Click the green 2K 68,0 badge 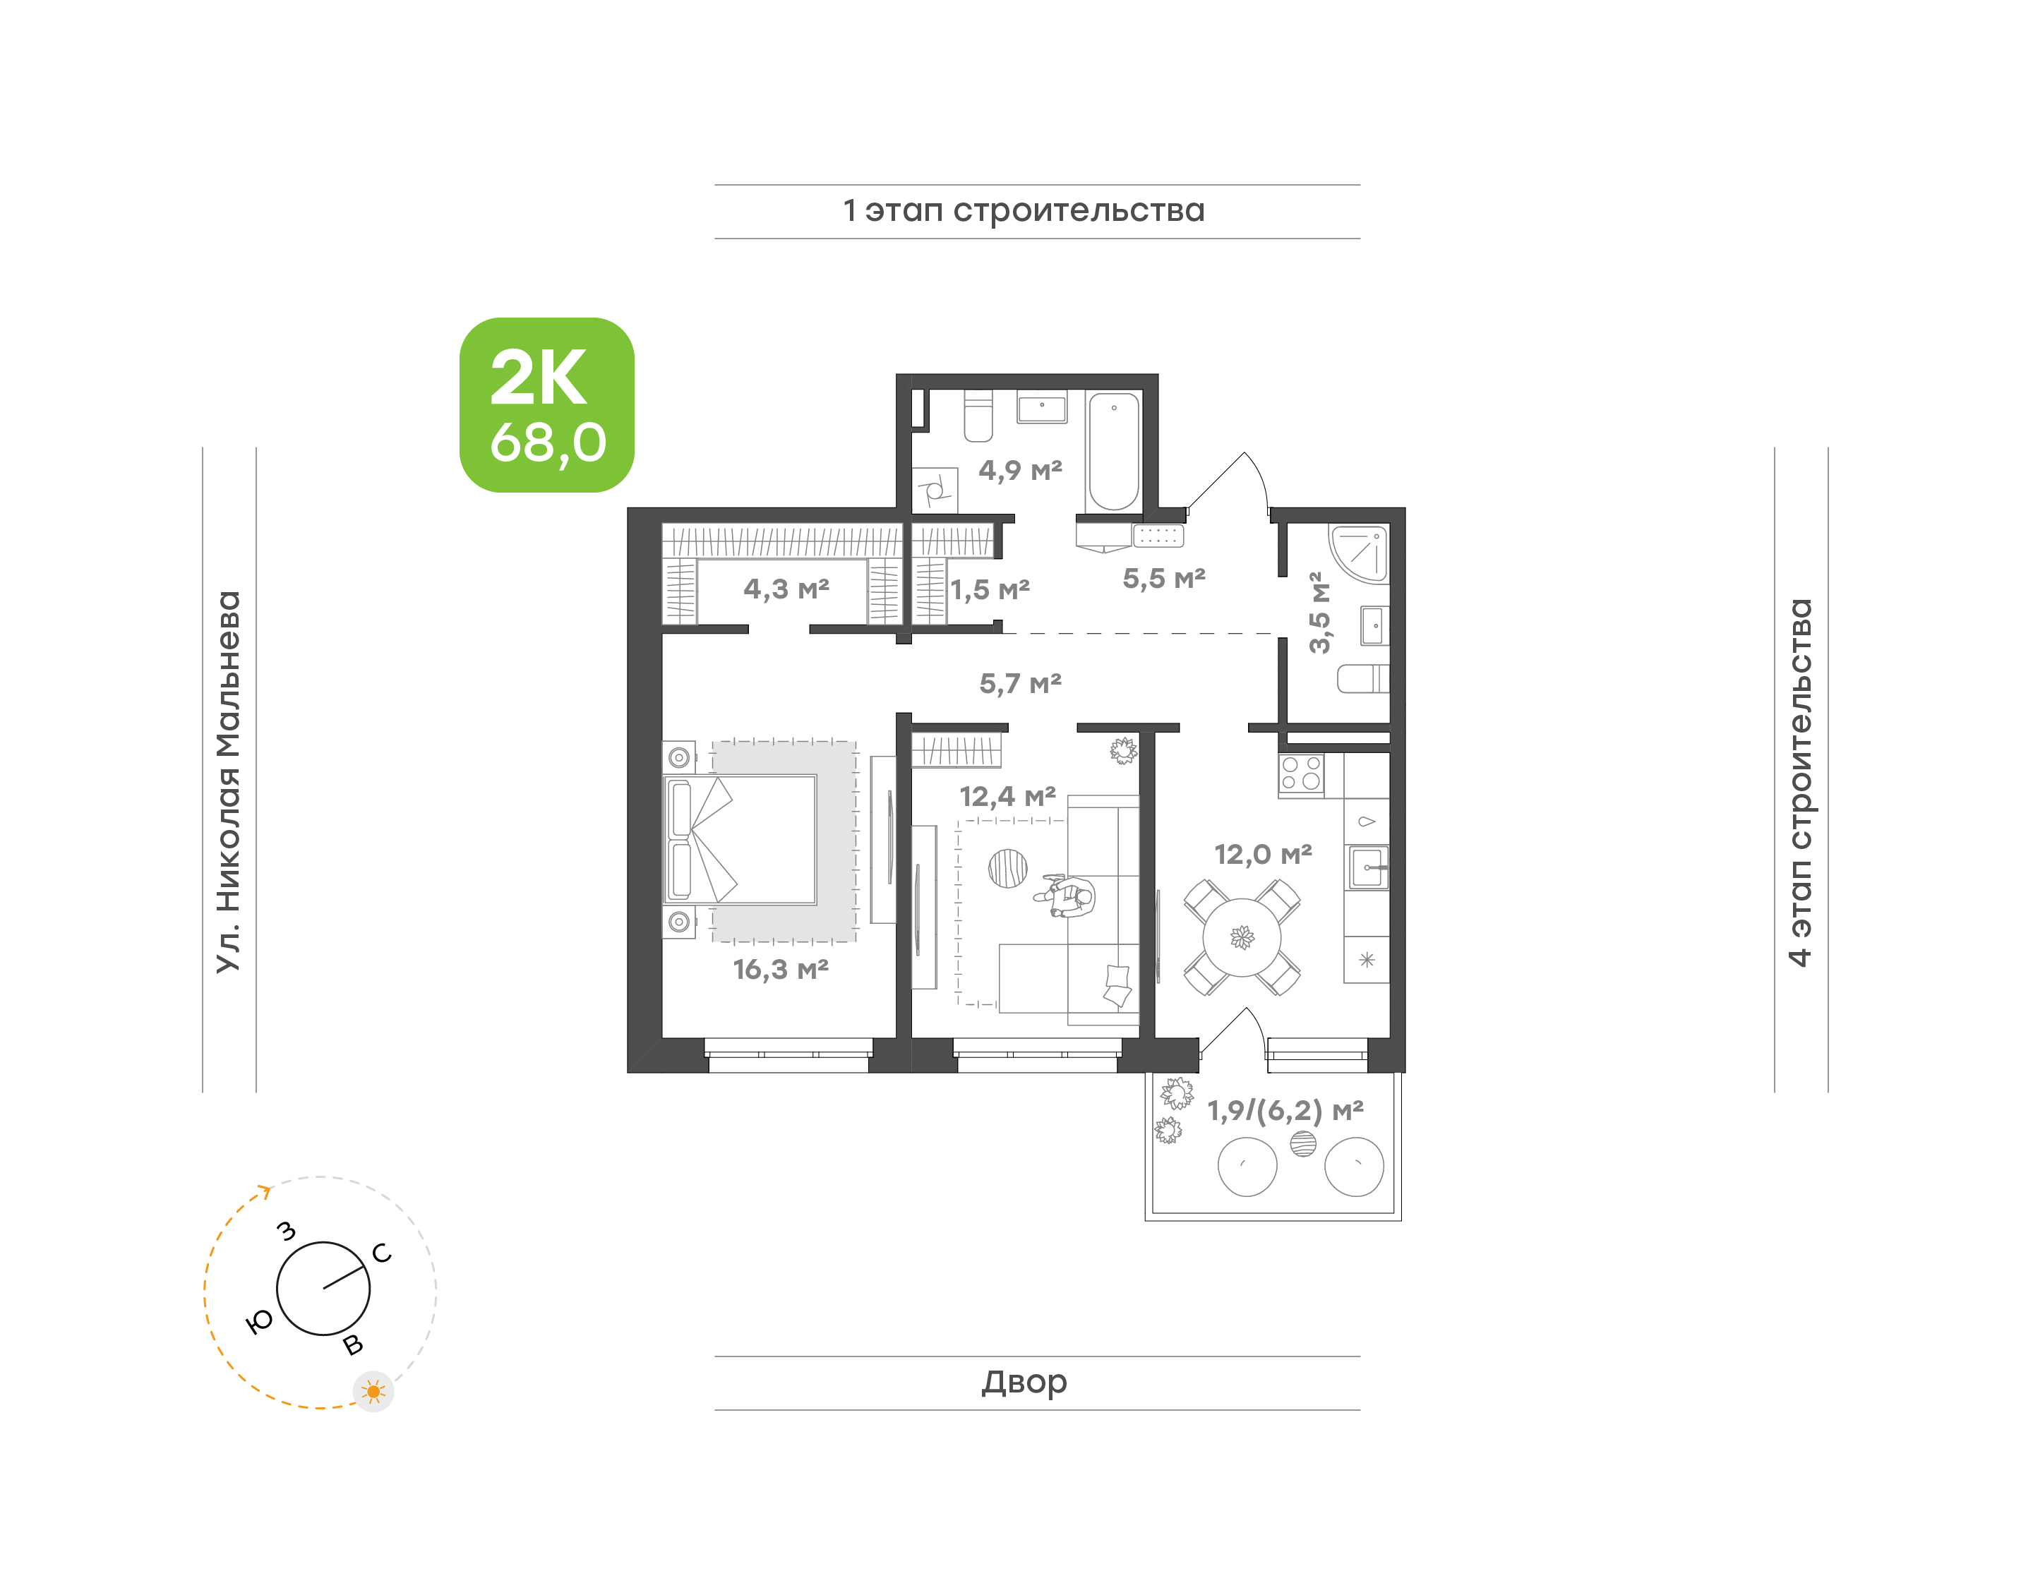[x=546, y=404]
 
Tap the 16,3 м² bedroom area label [x=781, y=969]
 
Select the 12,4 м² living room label [x=1007, y=797]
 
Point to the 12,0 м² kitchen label [x=1263, y=855]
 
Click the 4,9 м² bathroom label [x=1020, y=470]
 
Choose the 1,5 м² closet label [x=990, y=590]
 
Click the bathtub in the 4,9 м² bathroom [x=1113, y=451]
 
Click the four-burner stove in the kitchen [x=1301, y=774]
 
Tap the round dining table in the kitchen [x=1241, y=937]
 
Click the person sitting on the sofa [x=1067, y=896]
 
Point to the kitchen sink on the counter [x=1367, y=867]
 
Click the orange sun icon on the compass [x=373, y=1392]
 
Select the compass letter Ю [x=260, y=1320]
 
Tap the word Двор [x=1024, y=1382]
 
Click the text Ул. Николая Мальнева [x=229, y=782]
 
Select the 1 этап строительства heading [x=1024, y=211]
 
